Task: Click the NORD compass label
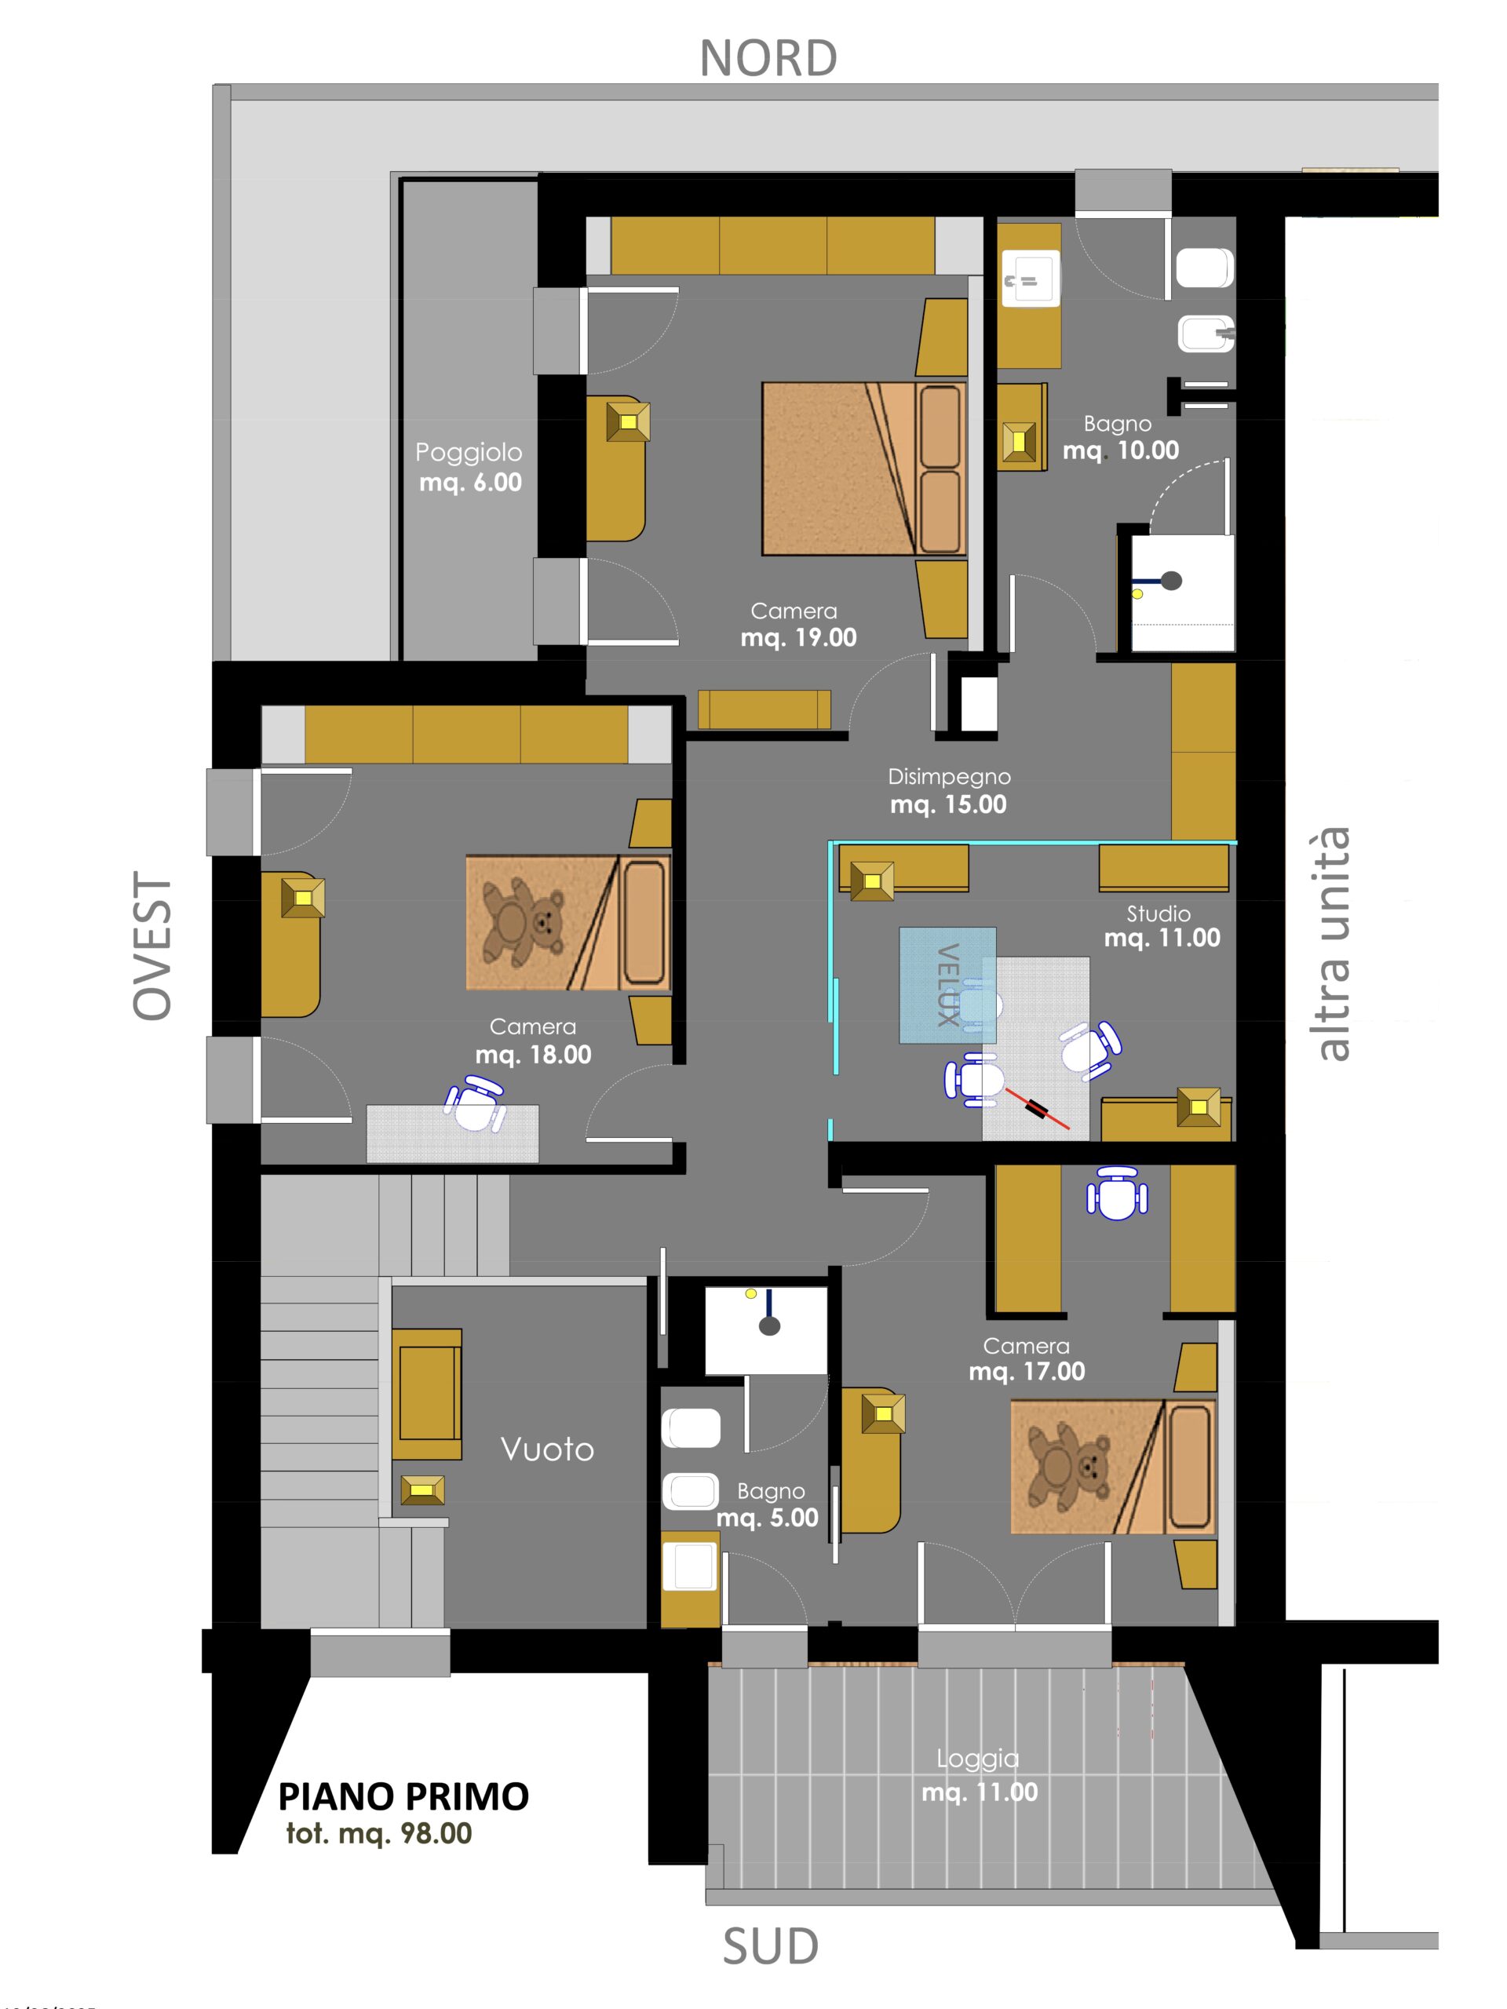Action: tap(768, 58)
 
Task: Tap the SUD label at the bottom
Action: tap(770, 1946)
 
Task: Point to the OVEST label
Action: tap(152, 946)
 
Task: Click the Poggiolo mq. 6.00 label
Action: tap(469, 467)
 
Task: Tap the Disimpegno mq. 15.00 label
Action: tap(948, 790)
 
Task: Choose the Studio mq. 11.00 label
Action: tap(1162, 925)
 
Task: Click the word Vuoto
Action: tap(547, 1449)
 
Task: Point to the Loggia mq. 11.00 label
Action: tap(978, 1776)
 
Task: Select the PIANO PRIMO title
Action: tap(403, 1796)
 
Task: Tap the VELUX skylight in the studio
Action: tap(947, 986)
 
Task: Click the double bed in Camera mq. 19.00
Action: tap(863, 468)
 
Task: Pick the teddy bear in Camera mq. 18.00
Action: tap(520, 920)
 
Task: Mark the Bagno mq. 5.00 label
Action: tap(768, 1504)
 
